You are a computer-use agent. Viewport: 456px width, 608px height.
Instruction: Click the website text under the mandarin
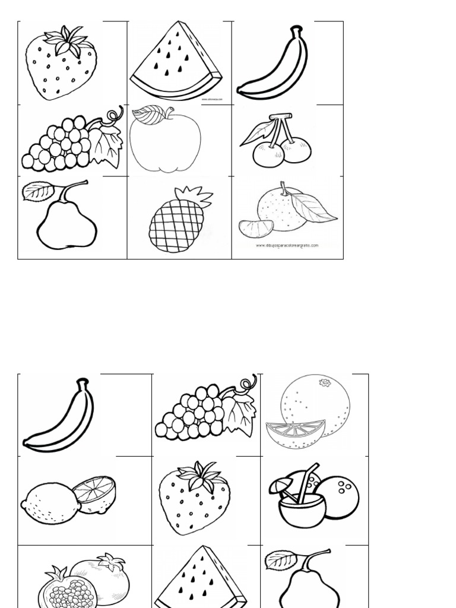(287, 245)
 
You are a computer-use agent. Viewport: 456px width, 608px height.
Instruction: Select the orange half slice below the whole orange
(295, 433)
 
